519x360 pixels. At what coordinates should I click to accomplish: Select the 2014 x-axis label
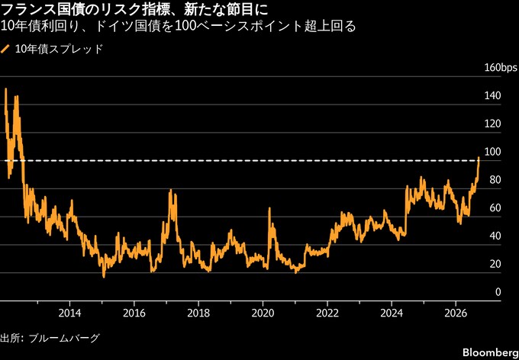tap(69, 313)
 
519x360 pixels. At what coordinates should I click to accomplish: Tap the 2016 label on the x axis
tap(134, 313)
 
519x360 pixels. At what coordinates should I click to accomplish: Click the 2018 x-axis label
tap(198, 313)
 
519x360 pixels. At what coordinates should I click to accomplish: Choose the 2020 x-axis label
tap(263, 313)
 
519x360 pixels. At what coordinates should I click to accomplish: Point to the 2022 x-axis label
tap(327, 313)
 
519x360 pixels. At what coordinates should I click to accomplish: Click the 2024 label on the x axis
tap(392, 313)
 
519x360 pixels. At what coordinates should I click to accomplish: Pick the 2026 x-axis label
tap(456, 313)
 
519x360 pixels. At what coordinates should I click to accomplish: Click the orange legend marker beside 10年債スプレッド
tap(5, 50)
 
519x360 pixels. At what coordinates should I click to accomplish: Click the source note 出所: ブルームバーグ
tap(50, 338)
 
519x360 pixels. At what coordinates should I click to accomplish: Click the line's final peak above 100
tap(479, 157)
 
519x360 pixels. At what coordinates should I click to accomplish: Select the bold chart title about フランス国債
tap(134, 10)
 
